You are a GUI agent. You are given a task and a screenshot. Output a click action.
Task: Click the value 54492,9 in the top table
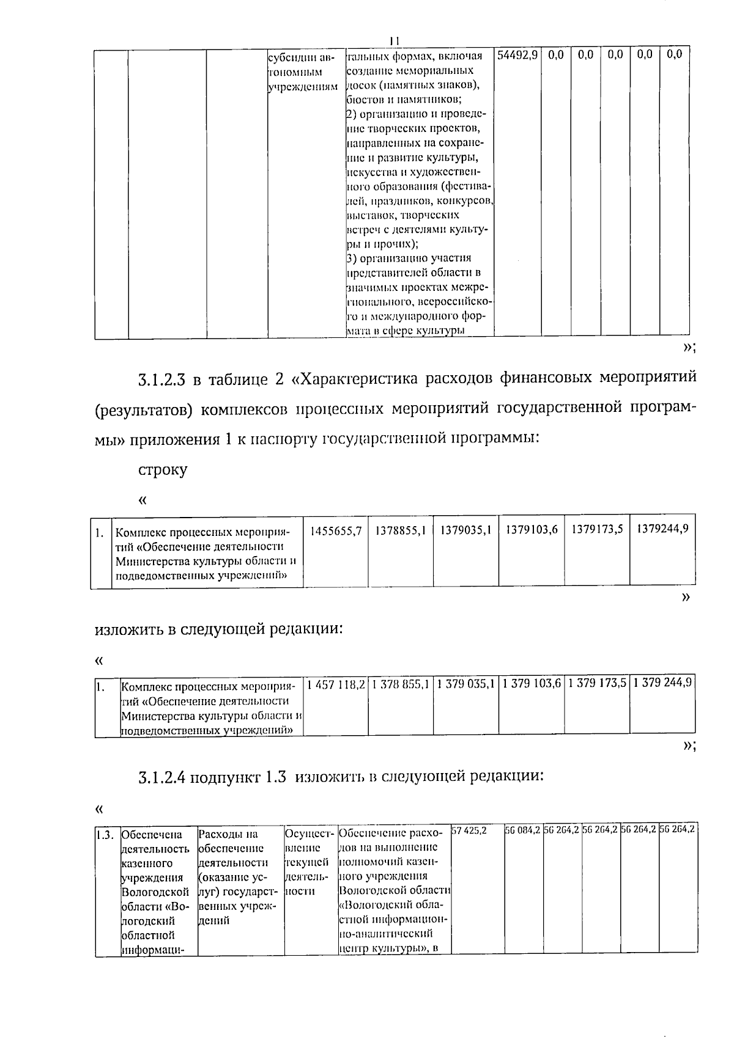(x=517, y=55)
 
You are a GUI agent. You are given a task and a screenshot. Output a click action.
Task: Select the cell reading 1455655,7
(x=336, y=530)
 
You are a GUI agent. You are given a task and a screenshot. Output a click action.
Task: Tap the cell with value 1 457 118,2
(x=336, y=684)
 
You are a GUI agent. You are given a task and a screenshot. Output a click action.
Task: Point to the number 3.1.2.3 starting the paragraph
(x=161, y=379)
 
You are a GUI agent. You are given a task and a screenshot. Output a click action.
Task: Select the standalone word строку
(x=163, y=470)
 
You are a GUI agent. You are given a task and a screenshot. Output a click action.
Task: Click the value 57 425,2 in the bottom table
(x=469, y=831)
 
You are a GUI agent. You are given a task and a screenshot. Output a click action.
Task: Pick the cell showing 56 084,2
(x=522, y=830)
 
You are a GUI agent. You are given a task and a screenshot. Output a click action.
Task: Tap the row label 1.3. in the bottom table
(x=105, y=834)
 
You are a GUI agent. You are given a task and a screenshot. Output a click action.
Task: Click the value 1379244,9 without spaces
(x=662, y=529)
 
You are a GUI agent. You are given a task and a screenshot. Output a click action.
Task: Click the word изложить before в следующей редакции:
(x=129, y=629)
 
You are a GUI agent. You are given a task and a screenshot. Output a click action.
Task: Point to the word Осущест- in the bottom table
(x=310, y=834)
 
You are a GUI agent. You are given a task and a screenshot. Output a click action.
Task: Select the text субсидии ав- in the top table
(x=302, y=57)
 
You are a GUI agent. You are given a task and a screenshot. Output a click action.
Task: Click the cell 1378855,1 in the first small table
(x=401, y=530)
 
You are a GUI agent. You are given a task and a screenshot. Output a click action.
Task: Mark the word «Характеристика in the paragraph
(x=354, y=379)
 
